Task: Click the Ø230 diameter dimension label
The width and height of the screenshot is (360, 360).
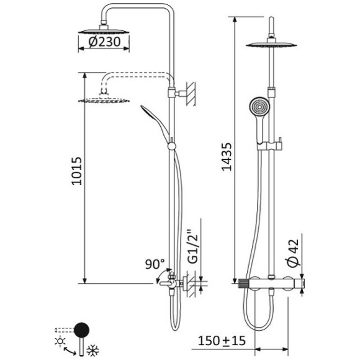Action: coord(104,42)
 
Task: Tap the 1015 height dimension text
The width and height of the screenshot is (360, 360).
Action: coord(76,171)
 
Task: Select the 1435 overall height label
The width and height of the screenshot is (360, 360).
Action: coord(227,157)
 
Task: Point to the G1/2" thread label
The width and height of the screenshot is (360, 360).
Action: coord(193,246)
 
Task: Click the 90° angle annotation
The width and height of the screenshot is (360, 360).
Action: coord(155,264)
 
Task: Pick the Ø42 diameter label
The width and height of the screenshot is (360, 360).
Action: coord(293,253)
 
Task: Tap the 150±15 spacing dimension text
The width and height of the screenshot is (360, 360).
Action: coord(222,341)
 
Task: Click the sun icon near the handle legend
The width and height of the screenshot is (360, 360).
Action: coord(60,341)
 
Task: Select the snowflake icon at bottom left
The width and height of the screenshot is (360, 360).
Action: coord(92,351)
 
